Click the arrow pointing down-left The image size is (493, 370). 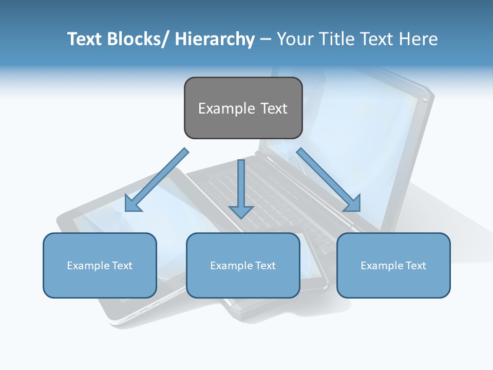coord(157,180)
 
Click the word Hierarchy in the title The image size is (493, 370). coord(215,39)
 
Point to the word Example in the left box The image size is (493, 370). coord(88,266)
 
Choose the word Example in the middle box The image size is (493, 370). coord(231,266)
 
